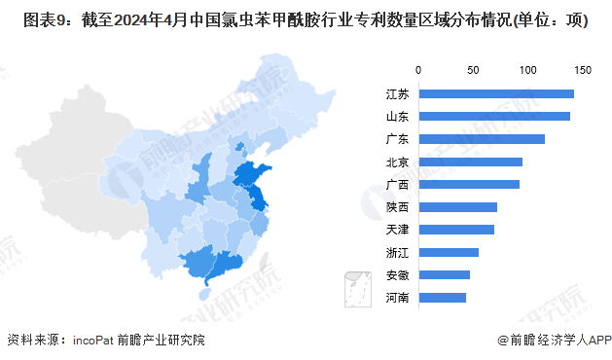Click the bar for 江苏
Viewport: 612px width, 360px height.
496,93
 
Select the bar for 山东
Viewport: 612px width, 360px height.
494,117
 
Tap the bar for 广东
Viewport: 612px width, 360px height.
482,139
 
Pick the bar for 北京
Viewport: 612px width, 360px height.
471,162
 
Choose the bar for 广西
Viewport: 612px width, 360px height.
469,184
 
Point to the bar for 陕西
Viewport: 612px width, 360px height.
458,207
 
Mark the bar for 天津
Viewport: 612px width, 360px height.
456,230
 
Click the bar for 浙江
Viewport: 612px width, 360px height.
449,252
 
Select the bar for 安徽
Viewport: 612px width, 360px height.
445,274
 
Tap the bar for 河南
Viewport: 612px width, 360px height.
443,297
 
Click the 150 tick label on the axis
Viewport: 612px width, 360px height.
583,70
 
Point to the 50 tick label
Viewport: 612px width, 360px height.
474,70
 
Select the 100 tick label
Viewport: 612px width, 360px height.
528,70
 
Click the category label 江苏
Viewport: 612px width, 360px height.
396,93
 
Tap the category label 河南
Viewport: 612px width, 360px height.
396,297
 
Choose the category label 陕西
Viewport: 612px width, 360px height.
396,207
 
